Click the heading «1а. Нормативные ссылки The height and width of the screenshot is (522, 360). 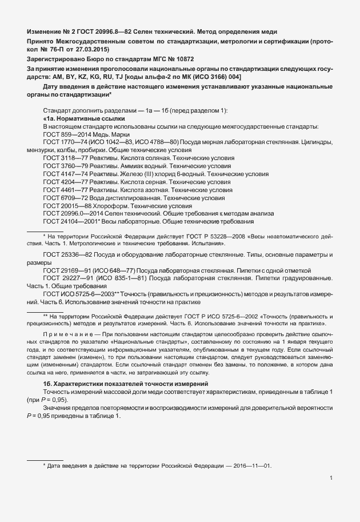(83, 118)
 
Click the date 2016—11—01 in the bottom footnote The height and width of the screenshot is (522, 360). (254, 466)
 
